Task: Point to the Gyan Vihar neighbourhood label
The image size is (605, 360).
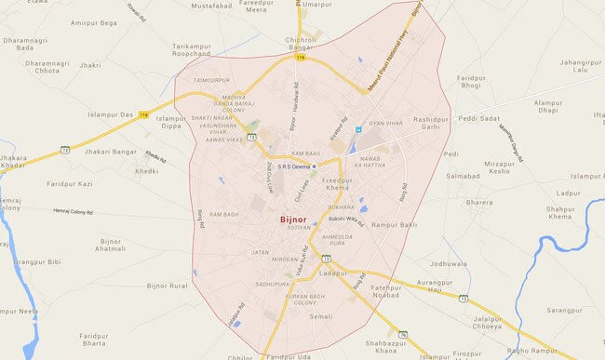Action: click(x=383, y=123)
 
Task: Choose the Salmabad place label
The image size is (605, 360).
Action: click(x=462, y=176)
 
